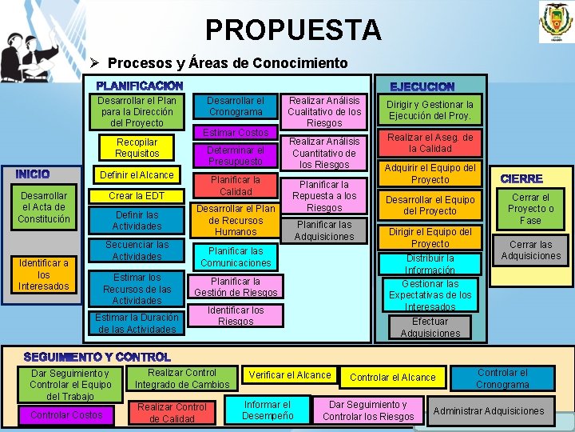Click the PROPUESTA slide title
tap(293, 30)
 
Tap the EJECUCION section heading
tap(422, 86)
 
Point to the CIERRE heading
tap(521, 178)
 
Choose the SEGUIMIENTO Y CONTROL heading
tap(97, 356)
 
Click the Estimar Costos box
tap(236, 132)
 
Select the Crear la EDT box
tap(137, 196)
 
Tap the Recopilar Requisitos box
tap(137, 147)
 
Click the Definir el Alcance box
tap(136, 174)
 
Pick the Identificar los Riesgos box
tap(236, 315)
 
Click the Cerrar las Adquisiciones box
tap(530, 250)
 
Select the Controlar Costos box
tap(66, 414)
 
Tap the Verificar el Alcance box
tap(290, 374)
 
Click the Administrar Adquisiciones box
tap(488, 411)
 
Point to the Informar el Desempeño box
tap(268, 410)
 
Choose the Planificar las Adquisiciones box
tap(323, 230)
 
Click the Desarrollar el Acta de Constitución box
tap(45, 207)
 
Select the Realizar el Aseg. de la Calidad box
tap(430, 143)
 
